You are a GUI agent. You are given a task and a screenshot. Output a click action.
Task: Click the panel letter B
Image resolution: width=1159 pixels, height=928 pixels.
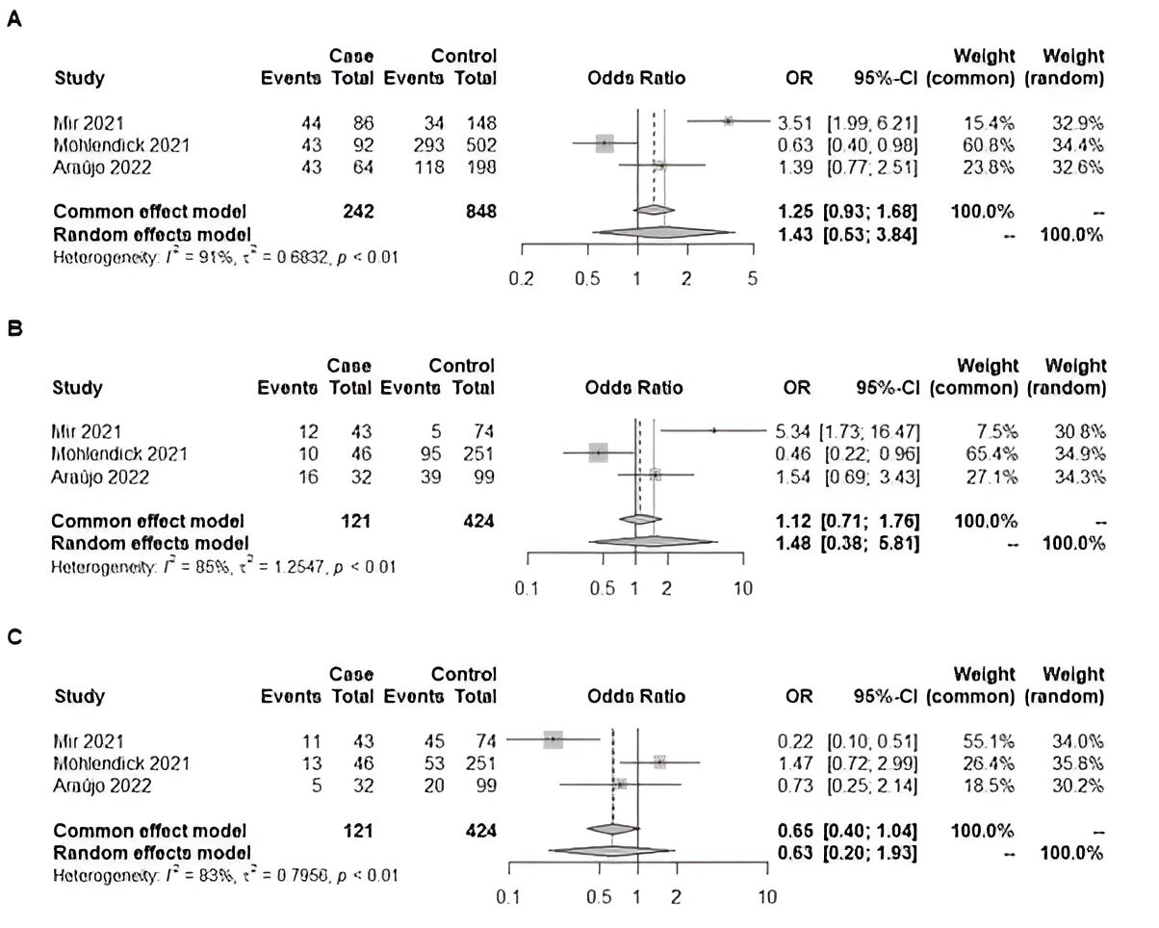click(x=13, y=327)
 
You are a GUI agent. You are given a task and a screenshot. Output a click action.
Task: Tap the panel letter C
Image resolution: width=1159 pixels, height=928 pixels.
click(x=13, y=636)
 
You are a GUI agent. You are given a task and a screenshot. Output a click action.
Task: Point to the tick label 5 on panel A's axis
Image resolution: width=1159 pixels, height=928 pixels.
click(x=753, y=279)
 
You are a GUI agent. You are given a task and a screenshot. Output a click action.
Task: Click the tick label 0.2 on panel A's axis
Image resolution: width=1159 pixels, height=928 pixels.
click(x=522, y=279)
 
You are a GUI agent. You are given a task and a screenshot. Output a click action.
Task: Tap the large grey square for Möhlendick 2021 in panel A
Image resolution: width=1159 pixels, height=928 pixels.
click(x=605, y=143)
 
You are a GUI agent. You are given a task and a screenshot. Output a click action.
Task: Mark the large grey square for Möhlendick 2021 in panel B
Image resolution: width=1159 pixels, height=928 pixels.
click(x=598, y=452)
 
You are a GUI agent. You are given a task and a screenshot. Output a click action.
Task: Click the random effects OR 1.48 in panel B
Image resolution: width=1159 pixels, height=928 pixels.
click(x=794, y=544)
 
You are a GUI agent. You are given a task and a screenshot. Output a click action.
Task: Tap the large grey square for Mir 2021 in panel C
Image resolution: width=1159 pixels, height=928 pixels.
click(x=554, y=739)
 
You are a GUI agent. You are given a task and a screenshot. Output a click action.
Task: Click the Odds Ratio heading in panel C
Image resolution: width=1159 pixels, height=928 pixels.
click(x=636, y=697)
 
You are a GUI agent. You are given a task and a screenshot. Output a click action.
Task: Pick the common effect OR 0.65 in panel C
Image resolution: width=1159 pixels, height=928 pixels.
click(x=794, y=831)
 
